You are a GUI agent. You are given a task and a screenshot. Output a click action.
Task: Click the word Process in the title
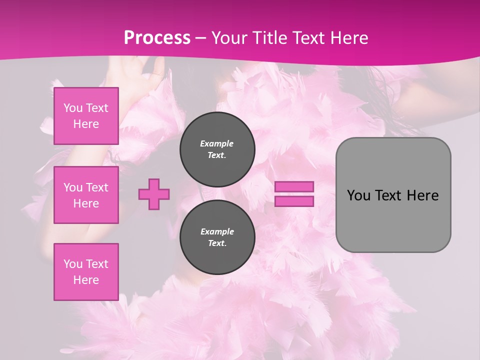pos(157,38)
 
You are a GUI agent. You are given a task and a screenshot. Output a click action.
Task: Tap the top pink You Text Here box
pos(86,116)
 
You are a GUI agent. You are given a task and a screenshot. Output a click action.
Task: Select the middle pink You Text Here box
pos(86,195)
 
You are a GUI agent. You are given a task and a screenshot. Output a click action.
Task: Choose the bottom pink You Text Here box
pos(86,272)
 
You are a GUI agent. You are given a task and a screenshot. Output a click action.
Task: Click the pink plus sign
pos(154,194)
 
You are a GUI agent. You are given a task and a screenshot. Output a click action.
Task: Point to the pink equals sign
pos(294,194)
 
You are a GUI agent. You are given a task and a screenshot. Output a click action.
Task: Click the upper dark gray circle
pos(217,149)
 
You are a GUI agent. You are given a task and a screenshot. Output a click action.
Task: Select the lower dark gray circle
pos(217,237)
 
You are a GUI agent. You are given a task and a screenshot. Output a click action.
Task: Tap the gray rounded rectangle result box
pos(393,195)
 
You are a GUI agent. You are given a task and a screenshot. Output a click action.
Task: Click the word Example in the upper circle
pos(217,143)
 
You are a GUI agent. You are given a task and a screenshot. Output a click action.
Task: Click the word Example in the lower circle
pos(217,231)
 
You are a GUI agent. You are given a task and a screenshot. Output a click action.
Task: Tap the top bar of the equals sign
pos(294,187)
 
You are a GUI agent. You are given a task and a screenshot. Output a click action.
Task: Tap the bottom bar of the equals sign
pos(294,201)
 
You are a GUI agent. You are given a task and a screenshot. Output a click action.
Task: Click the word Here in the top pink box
pos(86,124)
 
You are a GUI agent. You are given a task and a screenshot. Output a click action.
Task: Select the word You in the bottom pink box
pos(72,264)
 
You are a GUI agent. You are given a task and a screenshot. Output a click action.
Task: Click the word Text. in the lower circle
pos(217,243)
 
